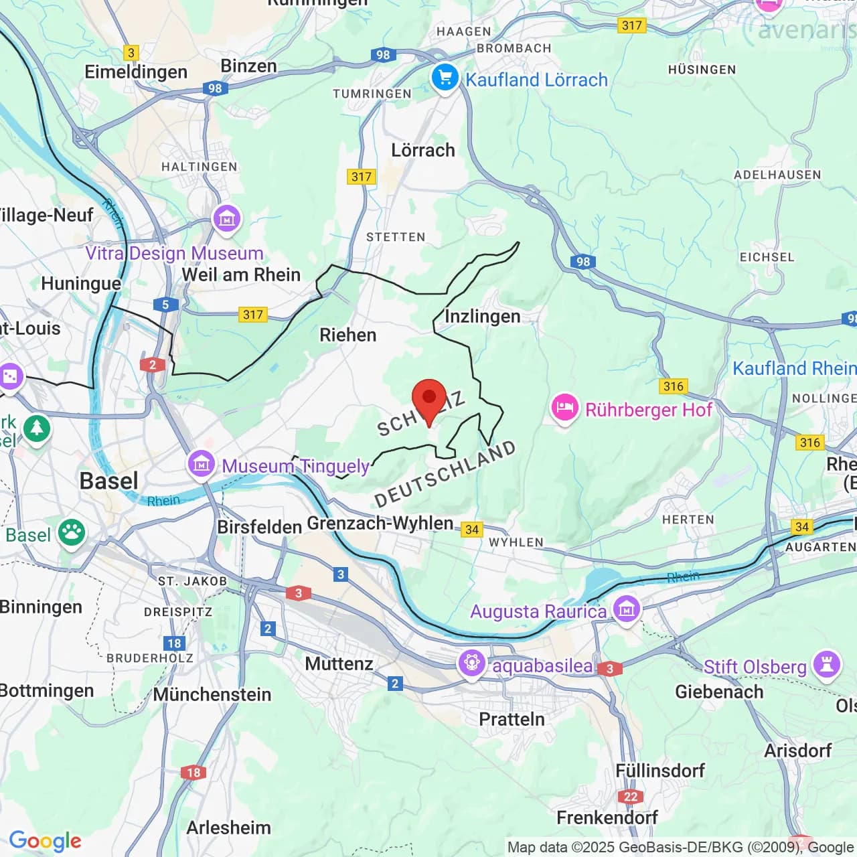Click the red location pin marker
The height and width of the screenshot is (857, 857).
pos(428,400)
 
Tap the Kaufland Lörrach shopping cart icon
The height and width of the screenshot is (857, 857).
pos(445,78)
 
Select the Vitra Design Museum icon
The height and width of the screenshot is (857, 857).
pos(226,218)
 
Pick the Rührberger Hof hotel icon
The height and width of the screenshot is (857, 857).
pos(564,408)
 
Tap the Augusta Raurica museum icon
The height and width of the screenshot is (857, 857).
pos(627,609)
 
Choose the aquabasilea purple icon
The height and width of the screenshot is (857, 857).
pos(472,664)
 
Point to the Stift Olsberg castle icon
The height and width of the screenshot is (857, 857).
pos(827,665)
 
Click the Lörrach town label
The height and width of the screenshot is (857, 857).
pos(422,150)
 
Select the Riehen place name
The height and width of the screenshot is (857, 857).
pos(347,335)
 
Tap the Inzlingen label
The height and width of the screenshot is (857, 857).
pos(482,316)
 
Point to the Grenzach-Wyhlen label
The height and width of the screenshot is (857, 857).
pos(380,523)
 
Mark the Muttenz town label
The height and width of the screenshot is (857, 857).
pos(339,664)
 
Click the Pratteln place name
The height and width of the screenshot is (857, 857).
pos(512,719)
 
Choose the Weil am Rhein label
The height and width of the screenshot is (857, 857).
pos(241,275)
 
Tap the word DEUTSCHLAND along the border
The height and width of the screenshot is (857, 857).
pos(445,474)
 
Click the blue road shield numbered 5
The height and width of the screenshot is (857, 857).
pos(165,305)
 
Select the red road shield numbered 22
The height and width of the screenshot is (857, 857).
pos(631,796)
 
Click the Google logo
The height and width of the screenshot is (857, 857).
pos(45,841)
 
